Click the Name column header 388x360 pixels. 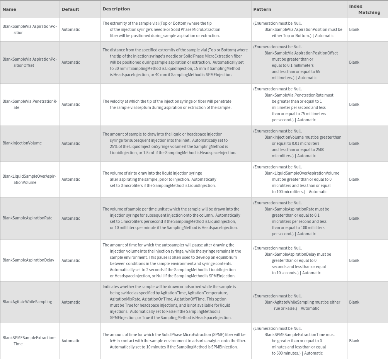pos(9,9)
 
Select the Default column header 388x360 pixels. pos(70,9)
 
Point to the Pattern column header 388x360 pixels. pos(262,9)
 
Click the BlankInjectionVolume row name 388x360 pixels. pos(22,143)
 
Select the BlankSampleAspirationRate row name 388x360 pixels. pos(27,218)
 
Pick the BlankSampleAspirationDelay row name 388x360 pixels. pos(28,260)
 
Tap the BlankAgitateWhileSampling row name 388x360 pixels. pos(27,302)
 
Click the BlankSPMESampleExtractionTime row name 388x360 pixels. pos(29,341)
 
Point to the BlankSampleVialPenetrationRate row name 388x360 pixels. pos(30,104)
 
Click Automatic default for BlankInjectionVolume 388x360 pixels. pos(71,143)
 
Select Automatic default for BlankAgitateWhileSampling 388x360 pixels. pos(71,302)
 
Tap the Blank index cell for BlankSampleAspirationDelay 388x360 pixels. pos(354,260)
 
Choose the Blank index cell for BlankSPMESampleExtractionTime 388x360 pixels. pos(354,341)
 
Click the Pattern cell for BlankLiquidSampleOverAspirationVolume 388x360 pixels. pos(298,179)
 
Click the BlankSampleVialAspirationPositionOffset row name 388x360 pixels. pos(29,62)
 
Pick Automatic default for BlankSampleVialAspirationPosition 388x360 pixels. pos(71,29)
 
